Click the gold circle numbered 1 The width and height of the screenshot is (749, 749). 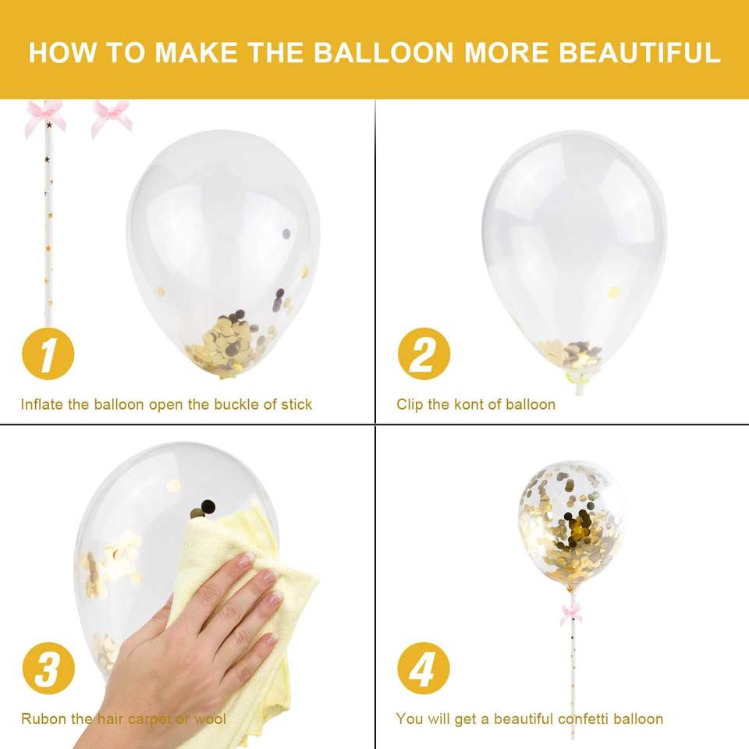click(48, 354)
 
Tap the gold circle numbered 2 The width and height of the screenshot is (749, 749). click(424, 354)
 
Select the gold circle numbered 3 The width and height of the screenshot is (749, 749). click(48, 669)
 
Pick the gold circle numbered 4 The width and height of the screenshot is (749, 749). click(424, 669)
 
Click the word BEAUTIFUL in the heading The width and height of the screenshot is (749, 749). click(639, 52)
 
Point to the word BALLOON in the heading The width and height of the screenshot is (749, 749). click(383, 52)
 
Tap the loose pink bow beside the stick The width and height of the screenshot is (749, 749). click(112, 117)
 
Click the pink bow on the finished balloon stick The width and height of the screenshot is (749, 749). click(571, 613)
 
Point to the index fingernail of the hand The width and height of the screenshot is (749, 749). click(245, 559)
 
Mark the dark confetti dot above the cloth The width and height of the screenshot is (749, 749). click(208, 505)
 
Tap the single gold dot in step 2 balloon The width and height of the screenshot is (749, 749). click(614, 291)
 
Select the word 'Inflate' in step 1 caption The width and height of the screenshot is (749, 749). click(41, 405)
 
